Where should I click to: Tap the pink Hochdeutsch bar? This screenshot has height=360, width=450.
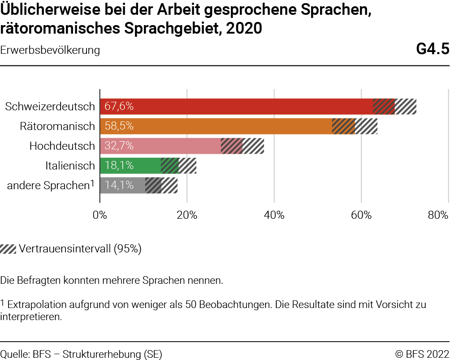(179, 146)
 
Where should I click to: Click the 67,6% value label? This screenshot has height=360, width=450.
(119, 107)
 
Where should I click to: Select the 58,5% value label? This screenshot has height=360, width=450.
(119, 126)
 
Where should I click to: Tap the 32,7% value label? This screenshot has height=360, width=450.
(119, 146)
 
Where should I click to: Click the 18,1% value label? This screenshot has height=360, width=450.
(119, 165)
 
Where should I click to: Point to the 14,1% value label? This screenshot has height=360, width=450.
(119, 185)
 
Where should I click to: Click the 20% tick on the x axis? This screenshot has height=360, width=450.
(187, 215)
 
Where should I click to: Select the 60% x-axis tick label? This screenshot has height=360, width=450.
(361, 215)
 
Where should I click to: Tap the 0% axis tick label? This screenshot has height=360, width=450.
(100, 215)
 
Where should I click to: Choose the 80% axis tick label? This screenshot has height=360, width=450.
(438, 215)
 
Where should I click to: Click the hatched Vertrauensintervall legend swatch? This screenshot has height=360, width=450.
(8, 249)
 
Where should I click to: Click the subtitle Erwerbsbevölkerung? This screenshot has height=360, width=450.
(50, 50)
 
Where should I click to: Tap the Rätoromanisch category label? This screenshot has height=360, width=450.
(57, 126)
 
